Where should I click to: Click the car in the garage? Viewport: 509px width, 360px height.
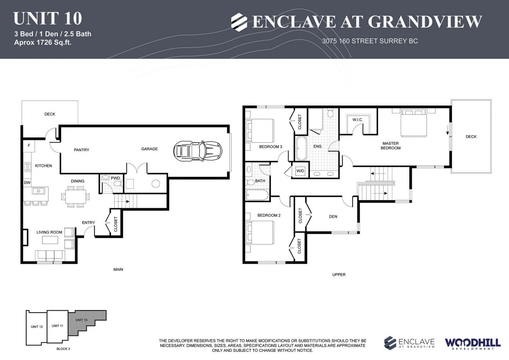[x=198, y=150]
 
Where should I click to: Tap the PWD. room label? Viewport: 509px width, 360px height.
[x=116, y=178]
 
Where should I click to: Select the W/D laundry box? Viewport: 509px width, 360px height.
[x=300, y=171]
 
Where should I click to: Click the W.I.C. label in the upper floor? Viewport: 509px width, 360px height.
[x=357, y=119]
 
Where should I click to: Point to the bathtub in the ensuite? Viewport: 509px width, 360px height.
[x=301, y=148]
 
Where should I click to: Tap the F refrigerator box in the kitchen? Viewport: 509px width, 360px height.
[x=29, y=146]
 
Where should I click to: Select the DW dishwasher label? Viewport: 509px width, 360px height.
[x=27, y=183]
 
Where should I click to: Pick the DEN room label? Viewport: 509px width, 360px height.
[x=333, y=217]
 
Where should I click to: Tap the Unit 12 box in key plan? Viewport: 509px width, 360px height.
[x=36, y=327]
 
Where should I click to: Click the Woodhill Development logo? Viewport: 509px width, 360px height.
[x=472, y=343]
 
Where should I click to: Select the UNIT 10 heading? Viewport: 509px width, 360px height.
[x=47, y=18]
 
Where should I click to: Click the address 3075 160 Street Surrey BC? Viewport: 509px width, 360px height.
[x=370, y=41]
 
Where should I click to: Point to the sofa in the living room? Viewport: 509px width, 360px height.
[x=49, y=256]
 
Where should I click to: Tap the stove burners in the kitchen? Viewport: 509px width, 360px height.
[x=27, y=167]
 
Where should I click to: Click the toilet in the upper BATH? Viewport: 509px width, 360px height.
[x=251, y=182]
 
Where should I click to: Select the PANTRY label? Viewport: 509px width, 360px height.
[x=81, y=150]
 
